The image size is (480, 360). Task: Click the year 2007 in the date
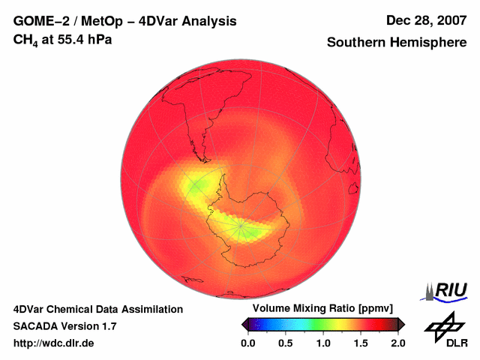(449, 21)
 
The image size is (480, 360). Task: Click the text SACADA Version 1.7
(64, 326)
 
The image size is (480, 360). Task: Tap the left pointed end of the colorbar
(244, 324)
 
